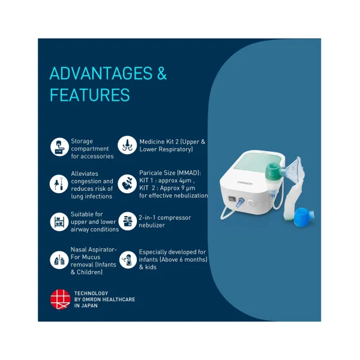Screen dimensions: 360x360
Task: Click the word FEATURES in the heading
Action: tap(89, 95)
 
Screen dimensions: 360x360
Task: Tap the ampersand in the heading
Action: tap(161, 74)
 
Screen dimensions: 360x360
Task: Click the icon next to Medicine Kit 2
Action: tap(127, 145)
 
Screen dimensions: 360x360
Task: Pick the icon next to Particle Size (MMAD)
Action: tap(127, 183)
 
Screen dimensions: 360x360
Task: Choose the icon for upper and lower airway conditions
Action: tap(59, 221)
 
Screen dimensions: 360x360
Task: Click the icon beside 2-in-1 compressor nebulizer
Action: tap(127, 221)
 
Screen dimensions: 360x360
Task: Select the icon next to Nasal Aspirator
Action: tap(59, 260)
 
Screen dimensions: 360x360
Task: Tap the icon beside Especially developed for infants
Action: tap(127, 260)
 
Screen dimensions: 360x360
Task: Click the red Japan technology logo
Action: tap(60, 299)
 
